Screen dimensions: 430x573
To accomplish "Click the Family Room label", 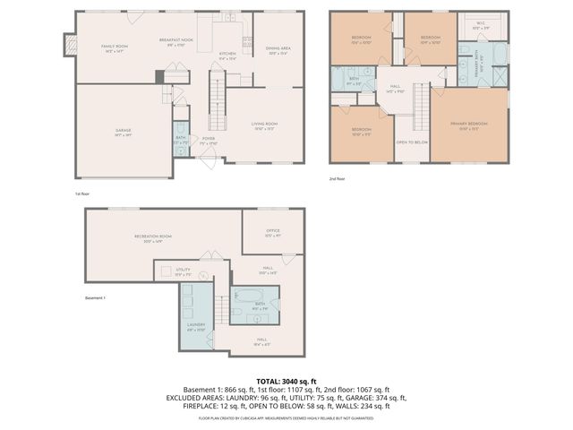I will [114, 47].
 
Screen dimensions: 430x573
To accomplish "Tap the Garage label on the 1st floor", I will [123, 132].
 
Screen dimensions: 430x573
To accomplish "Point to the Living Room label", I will [263, 125].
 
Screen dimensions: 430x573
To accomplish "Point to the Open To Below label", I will [412, 142].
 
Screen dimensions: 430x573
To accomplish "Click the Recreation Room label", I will [152, 237].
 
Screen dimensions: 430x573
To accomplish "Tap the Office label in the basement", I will [273, 232].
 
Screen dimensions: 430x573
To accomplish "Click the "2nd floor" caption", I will [338, 178].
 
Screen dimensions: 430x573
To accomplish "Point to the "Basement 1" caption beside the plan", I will [95, 298].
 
